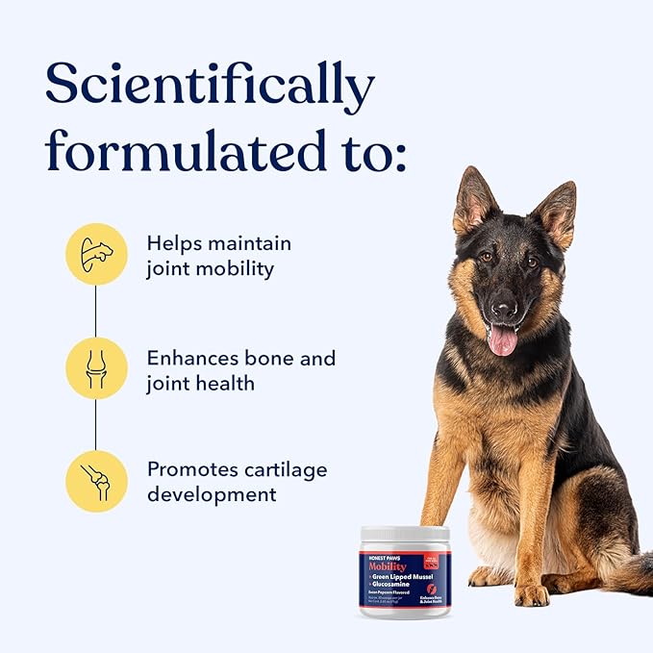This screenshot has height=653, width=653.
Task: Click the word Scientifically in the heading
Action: point(209,87)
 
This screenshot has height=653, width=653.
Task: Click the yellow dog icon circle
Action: point(96,254)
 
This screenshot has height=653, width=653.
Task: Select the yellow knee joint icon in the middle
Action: point(96,368)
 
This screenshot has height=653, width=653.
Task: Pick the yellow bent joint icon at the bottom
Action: point(96,481)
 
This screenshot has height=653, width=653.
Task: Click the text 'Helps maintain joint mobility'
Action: point(218,256)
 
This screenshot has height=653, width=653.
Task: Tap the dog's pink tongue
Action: point(502,339)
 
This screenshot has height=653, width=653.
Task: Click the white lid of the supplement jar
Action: point(405,534)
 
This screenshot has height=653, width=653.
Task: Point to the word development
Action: point(212,494)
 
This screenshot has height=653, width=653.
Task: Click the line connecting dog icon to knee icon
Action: point(95,311)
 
